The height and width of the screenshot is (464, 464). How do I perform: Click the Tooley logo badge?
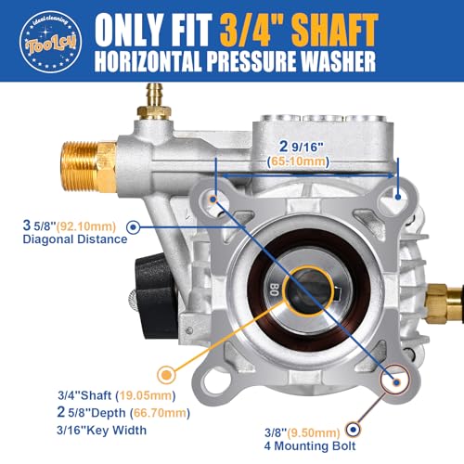36,36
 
